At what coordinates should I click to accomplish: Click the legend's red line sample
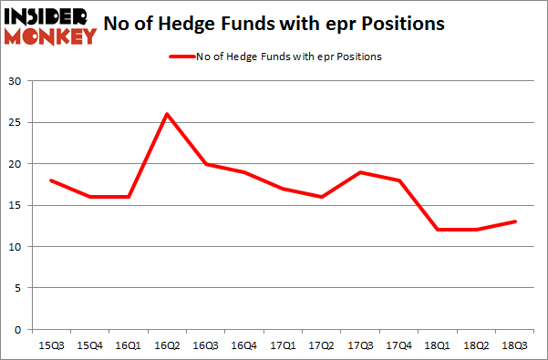pyautogui.click(x=182, y=57)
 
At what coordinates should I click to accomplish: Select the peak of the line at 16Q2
pyautogui.click(x=167, y=114)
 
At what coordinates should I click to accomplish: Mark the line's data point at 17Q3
pyautogui.click(x=363, y=172)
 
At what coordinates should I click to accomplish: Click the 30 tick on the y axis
pyautogui.click(x=16, y=81)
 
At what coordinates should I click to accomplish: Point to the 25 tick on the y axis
pyautogui.click(x=16, y=122)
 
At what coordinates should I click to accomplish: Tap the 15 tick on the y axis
pyautogui.click(x=16, y=205)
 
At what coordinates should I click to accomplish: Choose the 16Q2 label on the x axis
pyautogui.click(x=167, y=347)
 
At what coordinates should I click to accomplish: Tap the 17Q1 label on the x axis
pyautogui.click(x=284, y=347)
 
